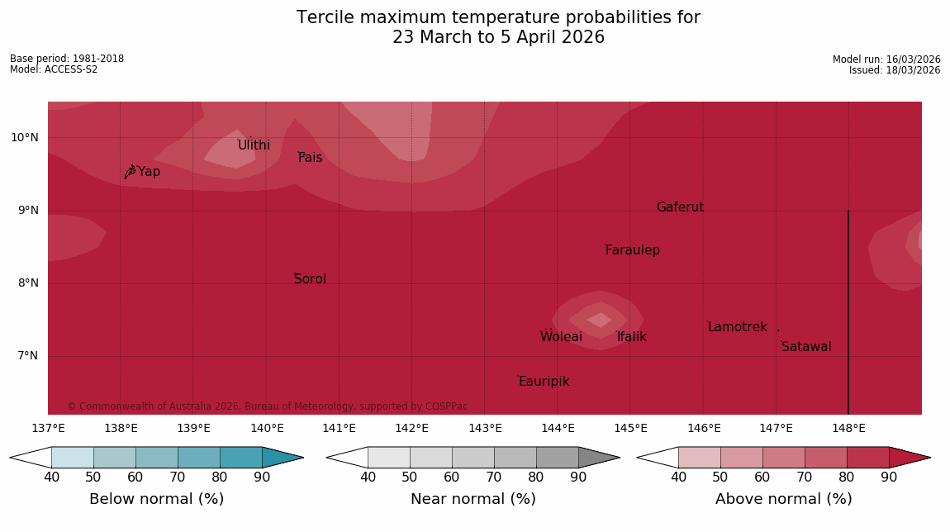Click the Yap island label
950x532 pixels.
click(149, 172)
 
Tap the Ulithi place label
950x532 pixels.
click(254, 145)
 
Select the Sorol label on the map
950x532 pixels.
click(310, 279)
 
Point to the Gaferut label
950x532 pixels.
click(680, 207)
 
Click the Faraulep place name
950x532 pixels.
click(632, 250)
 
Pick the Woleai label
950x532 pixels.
click(561, 337)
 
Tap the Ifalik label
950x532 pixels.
click(631, 337)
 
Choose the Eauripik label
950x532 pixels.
click(544, 382)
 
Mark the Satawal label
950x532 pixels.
click(806, 347)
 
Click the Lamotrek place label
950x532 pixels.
click(737, 327)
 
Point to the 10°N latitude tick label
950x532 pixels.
click(25, 137)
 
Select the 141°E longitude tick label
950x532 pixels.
click(339, 428)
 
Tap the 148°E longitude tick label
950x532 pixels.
click(848, 428)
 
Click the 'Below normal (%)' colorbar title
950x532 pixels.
click(156, 499)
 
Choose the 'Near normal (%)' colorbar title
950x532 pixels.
click(473, 499)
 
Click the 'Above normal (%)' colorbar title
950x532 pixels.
click(783, 499)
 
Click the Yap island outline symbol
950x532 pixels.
click(130, 172)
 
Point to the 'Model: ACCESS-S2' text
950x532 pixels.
click(54, 69)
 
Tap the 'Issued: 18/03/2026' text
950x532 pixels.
click(894, 70)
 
